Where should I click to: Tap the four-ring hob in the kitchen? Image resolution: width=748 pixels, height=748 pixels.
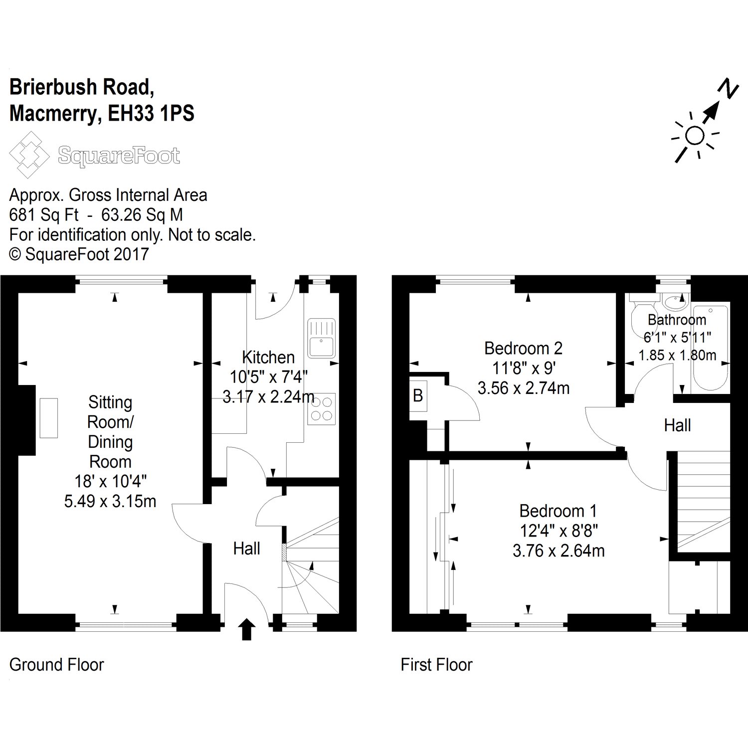pos(321,409)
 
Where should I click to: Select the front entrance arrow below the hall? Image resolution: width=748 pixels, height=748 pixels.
pos(247,629)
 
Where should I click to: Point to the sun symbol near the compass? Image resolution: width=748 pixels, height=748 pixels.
pos(694,136)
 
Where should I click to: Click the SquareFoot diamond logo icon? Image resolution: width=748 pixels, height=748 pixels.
pos(29,155)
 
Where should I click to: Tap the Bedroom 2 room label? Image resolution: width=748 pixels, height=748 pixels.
pos(523,348)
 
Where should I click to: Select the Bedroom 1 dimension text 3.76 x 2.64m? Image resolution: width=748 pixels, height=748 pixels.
pos(559,551)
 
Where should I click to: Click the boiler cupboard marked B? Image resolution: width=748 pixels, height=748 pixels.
pos(418,395)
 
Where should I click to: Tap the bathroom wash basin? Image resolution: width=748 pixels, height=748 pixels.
pos(676,301)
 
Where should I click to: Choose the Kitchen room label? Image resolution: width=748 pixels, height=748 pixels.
pos(268,357)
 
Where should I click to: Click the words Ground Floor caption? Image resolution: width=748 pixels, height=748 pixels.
pos(56,665)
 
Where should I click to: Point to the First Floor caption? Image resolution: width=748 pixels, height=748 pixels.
pos(436,665)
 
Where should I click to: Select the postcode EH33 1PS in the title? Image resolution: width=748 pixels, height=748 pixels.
pos(151,114)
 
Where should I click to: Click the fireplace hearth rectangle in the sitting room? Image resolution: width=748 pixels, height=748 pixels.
pos(49,418)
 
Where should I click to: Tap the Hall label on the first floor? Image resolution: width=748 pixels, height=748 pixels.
pos(677,425)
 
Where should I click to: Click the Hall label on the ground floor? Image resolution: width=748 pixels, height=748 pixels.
pos(246,549)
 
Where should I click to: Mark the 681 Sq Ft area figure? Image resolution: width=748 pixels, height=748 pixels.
pos(44,215)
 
